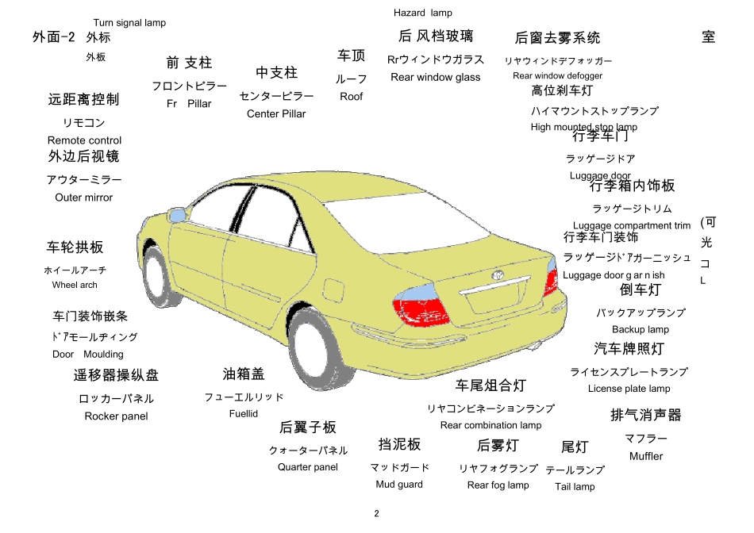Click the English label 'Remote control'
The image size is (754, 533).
[x=84, y=140]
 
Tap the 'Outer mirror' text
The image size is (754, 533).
[x=84, y=197]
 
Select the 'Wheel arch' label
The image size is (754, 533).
[x=75, y=285]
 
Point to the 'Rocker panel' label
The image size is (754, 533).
[x=116, y=416]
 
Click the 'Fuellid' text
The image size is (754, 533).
[x=244, y=413]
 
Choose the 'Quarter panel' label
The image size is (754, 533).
[x=308, y=467]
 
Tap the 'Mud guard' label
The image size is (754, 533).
[x=399, y=485]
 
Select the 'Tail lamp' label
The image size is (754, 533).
[x=575, y=487]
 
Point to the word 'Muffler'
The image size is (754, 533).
[x=646, y=456]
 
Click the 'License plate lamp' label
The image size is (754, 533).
[x=629, y=389]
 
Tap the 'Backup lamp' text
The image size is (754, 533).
[x=641, y=329]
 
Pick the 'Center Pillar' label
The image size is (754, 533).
[x=276, y=114]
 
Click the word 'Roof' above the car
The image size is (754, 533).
[x=352, y=97]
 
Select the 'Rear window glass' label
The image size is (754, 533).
[x=436, y=78]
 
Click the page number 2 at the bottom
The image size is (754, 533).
[x=376, y=513]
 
